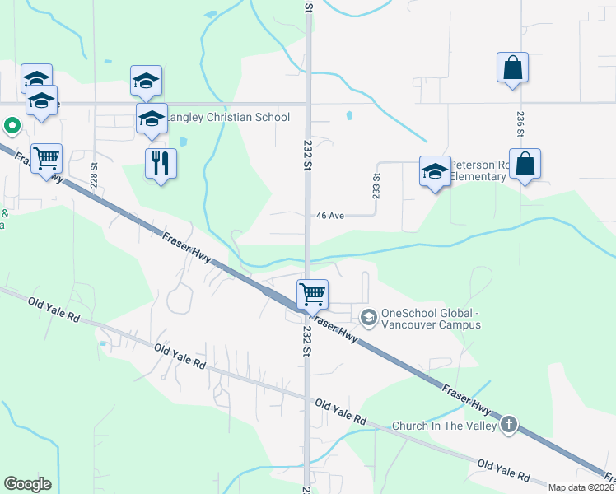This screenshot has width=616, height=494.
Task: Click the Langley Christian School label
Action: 228,117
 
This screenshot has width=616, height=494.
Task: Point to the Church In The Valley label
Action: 444,426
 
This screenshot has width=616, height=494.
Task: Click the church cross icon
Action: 509,425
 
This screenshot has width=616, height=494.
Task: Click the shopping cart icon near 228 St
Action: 46,157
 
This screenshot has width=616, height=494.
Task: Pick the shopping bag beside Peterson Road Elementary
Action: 525,164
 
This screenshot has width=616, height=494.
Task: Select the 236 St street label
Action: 520,124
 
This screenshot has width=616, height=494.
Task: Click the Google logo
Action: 27,484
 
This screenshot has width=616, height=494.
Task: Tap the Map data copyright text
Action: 581,487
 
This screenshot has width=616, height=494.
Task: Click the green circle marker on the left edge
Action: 12,126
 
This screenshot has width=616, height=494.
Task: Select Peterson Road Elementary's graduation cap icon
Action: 435,171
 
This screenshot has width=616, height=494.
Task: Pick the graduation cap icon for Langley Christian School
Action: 152,119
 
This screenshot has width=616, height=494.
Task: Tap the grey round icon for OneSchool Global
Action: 368,315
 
